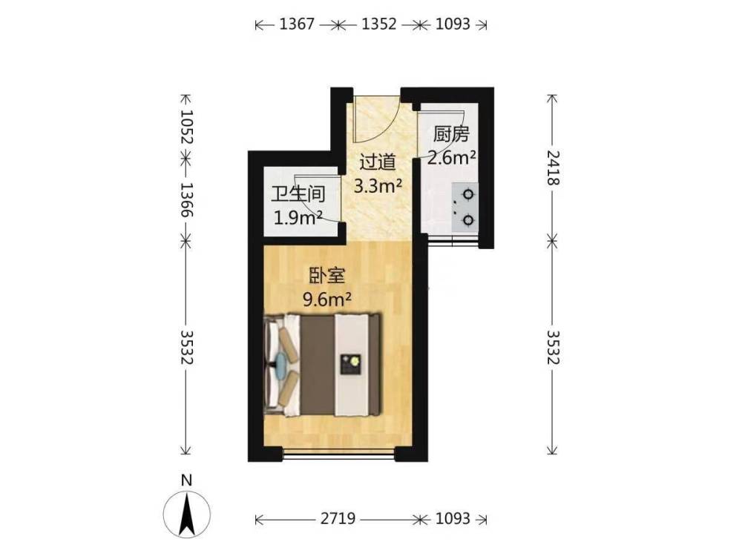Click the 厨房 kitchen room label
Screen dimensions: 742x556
(x=451, y=135)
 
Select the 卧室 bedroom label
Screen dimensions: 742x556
(x=326, y=276)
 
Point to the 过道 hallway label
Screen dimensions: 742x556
(x=378, y=162)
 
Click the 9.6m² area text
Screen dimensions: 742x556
(x=327, y=299)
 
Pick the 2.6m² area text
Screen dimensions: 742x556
(x=451, y=157)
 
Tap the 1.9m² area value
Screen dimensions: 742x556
(x=298, y=218)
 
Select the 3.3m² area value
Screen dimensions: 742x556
(x=378, y=186)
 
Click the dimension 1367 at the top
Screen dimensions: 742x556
(x=297, y=24)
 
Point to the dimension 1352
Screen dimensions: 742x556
(x=379, y=24)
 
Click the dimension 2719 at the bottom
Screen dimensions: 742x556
(x=338, y=519)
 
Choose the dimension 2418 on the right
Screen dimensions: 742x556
(x=554, y=168)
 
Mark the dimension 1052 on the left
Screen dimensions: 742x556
(x=186, y=128)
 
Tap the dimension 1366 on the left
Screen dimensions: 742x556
(x=186, y=200)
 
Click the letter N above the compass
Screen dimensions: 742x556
(x=187, y=481)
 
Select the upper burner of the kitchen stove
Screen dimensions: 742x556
(x=468, y=194)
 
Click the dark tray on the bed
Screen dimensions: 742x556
(x=352, y=364)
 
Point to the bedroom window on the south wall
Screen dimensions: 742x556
(x=339, y=454)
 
